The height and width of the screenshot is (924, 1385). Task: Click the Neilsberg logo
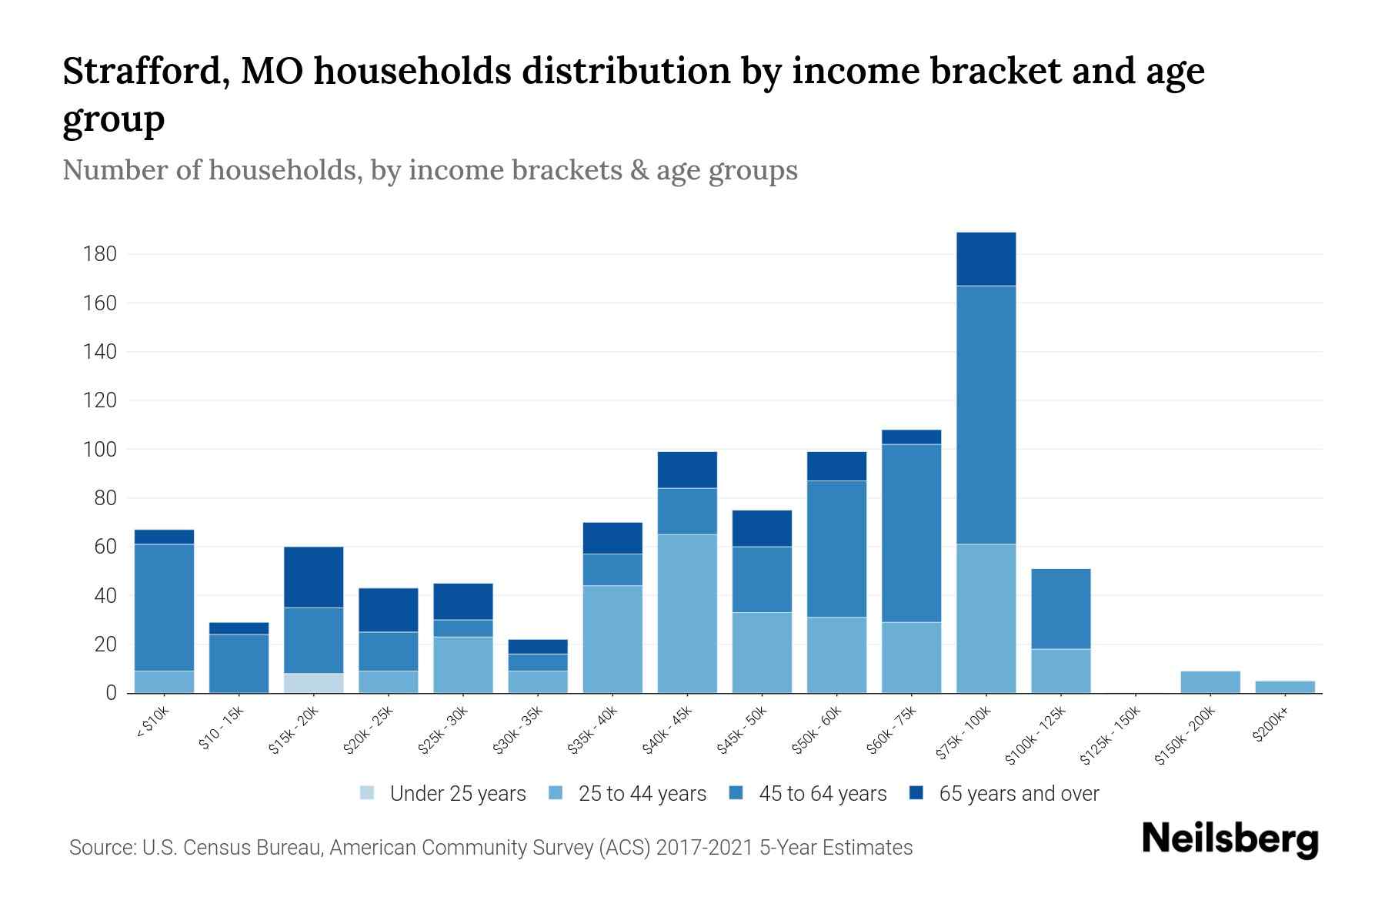(1230, 839)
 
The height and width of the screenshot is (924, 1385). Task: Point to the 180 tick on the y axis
(100, 254)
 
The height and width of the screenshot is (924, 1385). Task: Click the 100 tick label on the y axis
(100, 449)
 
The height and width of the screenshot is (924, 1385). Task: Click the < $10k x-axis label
(152, 724)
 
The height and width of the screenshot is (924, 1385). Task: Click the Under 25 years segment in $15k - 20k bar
(314, 683)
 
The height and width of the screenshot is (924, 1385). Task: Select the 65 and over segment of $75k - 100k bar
(986, 259)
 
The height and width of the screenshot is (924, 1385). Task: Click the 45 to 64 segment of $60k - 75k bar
(911, 533)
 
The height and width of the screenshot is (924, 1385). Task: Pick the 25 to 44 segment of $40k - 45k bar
(687, 614)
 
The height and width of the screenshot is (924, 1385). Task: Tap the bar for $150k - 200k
(1210, 682)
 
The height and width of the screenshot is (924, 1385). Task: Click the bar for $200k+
(1284, 687)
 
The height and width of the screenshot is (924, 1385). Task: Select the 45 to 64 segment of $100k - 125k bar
(1060, 609)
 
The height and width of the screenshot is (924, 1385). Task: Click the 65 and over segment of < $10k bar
(164, 537)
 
